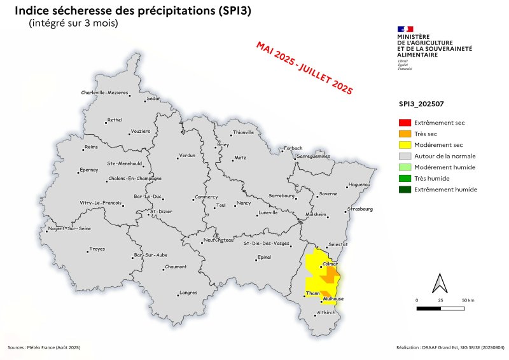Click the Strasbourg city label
click(359, 209)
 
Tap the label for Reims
click(92, 148)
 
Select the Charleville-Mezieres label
click(105, 93)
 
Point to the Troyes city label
click(97, 249)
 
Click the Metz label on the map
click(240, 157)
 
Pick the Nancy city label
click(244, 203)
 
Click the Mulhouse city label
click(334, 298)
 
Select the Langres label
click(188, 293)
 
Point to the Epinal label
click(263, 257)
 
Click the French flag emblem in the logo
click(405, 29)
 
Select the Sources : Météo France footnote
click(44, 348)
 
